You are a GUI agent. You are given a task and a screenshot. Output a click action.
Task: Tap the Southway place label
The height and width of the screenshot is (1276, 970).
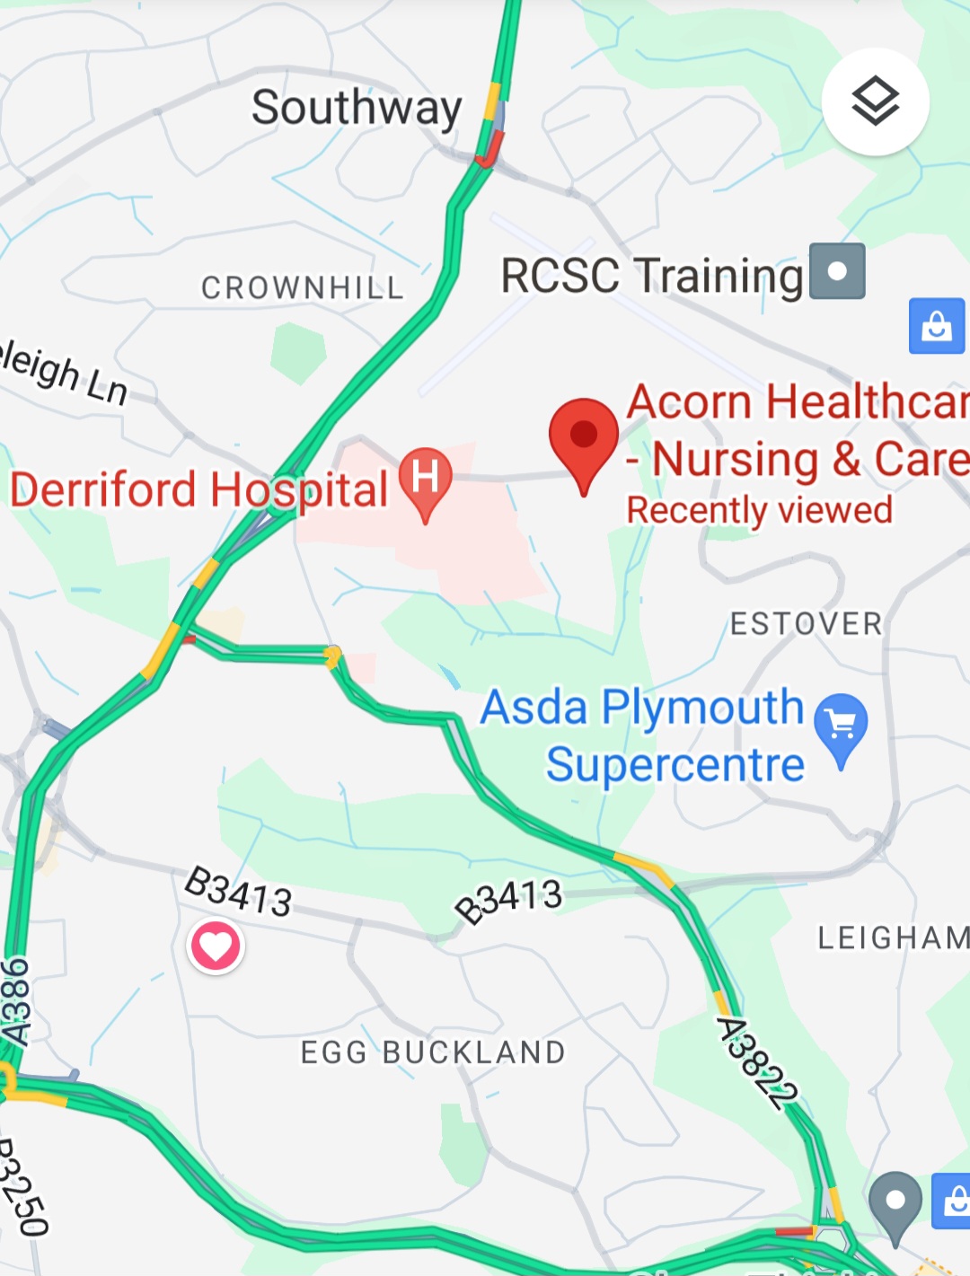click(x=357, y=109)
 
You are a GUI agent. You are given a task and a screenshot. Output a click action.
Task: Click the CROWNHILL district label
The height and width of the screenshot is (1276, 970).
click(x=302, y=288)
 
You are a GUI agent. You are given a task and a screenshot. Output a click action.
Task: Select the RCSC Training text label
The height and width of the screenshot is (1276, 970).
click(x=651, y=276)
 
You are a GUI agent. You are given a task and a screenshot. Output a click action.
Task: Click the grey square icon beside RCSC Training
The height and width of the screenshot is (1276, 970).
click(x=837, y=271)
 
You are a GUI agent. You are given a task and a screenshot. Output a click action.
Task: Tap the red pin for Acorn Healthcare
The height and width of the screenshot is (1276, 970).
click(x=584, y=437)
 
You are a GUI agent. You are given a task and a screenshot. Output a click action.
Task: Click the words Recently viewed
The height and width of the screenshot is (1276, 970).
click(x=759, y=510)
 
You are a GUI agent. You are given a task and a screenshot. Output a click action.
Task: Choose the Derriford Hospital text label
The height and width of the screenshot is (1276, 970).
click(x=198, y=490)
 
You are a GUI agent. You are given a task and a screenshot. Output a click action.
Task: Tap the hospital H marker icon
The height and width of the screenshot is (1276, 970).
click(x=425, y=477)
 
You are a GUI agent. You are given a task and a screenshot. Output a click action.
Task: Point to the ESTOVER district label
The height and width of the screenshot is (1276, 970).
click(x=806, y=624)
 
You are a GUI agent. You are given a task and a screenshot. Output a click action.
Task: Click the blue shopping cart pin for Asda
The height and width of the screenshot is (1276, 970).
click(x=841, y=724)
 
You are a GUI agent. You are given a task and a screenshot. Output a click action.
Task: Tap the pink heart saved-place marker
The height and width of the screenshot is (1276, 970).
click(x=216, y=946)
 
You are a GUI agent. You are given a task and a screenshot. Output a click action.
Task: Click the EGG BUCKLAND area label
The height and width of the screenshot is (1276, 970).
click(x=433, y=1052)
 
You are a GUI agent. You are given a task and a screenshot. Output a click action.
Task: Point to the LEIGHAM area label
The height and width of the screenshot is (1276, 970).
click(x=893, y=938)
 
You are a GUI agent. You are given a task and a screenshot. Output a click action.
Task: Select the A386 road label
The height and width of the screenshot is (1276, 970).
click(x=15, y=1001)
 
